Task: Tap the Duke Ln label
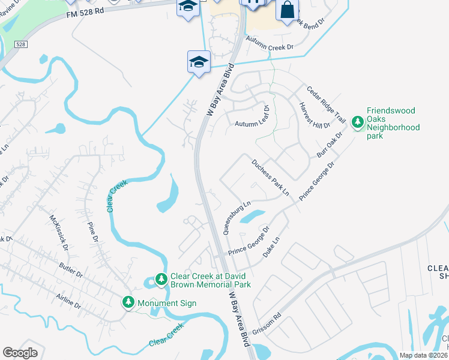272,248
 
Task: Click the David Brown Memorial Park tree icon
161,280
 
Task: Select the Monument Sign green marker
128,302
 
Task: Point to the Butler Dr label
71,269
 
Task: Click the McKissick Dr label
59,232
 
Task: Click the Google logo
20,353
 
